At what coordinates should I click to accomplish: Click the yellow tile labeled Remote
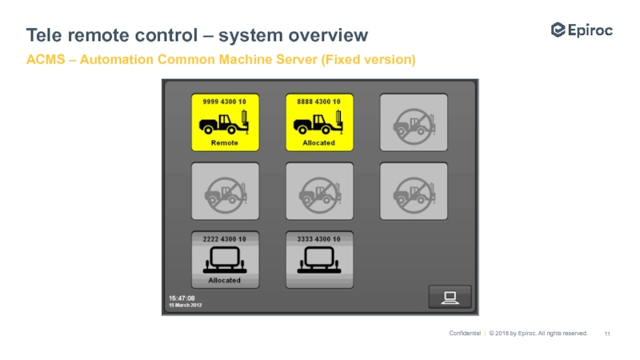225,122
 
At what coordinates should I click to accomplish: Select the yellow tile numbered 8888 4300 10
319,122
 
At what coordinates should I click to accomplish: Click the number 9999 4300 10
225,102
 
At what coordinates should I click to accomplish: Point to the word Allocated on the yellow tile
319,143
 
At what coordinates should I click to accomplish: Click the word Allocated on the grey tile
225,281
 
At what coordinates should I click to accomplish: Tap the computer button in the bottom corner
450,297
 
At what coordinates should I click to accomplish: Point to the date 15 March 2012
185,305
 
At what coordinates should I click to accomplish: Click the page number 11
607,334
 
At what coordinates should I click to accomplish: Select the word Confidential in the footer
465,334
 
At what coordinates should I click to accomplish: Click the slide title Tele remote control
197,35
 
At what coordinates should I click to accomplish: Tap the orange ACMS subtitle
221,60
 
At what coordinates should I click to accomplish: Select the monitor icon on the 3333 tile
319,259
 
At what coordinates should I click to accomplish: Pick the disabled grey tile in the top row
414,122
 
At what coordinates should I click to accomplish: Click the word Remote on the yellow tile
225,143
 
